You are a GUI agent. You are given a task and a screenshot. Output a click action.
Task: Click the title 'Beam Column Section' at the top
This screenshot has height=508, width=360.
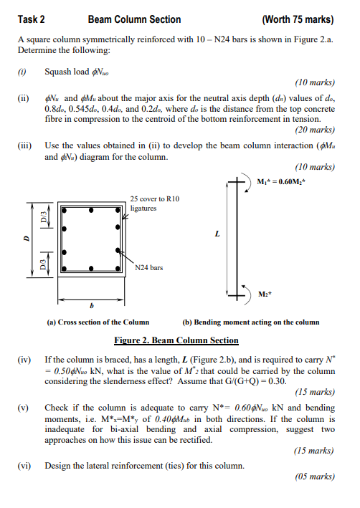click(134, 20)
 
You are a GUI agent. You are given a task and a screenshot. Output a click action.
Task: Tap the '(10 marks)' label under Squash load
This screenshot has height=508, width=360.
click(314, 82)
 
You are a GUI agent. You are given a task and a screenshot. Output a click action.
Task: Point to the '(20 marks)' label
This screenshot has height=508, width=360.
click(314, 130)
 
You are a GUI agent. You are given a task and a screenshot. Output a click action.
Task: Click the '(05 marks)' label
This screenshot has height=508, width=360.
click(314, 476)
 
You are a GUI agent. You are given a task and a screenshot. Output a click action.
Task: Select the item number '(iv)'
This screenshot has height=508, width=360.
click(24, 356)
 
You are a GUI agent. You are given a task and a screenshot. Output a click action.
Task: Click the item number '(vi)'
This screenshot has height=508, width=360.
click(24, 465)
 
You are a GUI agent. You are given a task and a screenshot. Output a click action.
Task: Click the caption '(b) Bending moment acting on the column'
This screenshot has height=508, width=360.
click(251, 322)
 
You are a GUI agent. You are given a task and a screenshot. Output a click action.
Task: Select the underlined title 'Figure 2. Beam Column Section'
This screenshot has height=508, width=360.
click(176, 340)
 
